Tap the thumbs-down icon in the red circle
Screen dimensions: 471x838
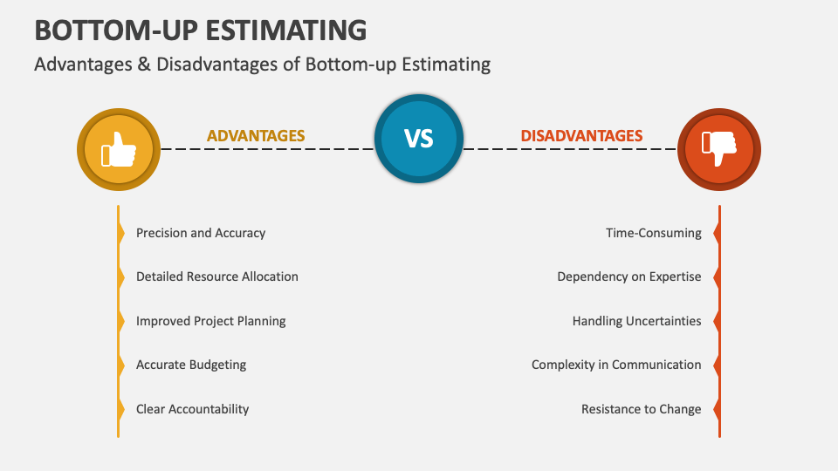click(719, 149)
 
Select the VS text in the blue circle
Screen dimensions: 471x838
click(419, 140)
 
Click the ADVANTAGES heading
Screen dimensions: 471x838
click(256, 136)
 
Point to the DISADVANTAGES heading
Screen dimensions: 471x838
click(581, 136)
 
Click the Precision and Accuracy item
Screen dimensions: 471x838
click(201, 233)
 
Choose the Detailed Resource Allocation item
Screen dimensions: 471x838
click(217, 276)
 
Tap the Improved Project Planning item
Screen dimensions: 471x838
click(211, 321)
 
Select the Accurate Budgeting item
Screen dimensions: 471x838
click(191, 365)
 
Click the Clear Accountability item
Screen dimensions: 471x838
click(193, 409)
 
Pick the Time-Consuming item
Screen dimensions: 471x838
click(654, 233)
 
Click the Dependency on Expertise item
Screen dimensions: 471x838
click(629, 276)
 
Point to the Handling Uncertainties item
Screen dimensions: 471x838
click(637, 321)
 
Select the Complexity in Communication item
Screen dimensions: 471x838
click(616, 365)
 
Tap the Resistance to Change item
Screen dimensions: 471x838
click(642, 409)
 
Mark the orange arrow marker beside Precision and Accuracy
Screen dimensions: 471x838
click(121, 233)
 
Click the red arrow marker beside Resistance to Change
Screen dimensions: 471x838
click(717, 409)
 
